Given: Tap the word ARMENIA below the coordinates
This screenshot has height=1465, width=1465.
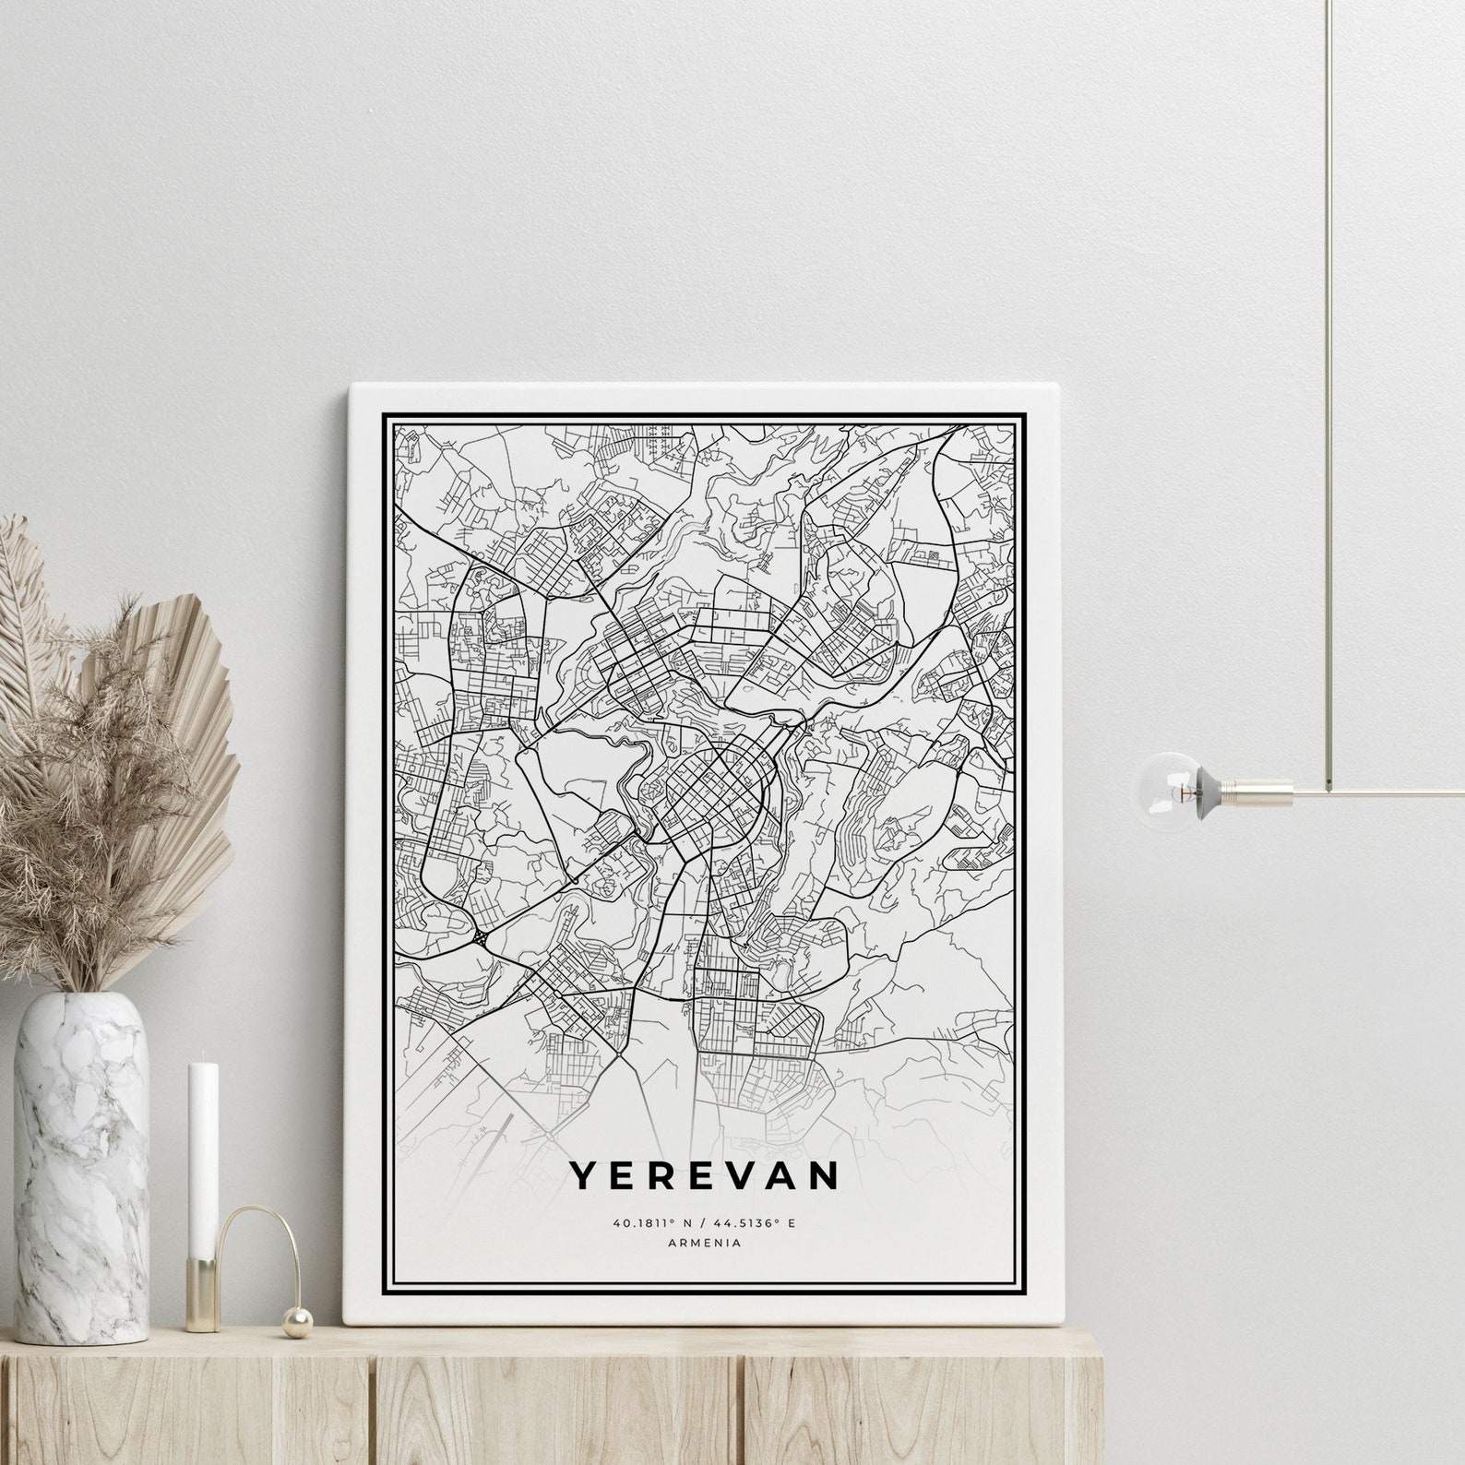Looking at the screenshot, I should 703,1243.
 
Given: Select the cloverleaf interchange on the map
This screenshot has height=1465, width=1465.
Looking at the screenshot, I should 482,937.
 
